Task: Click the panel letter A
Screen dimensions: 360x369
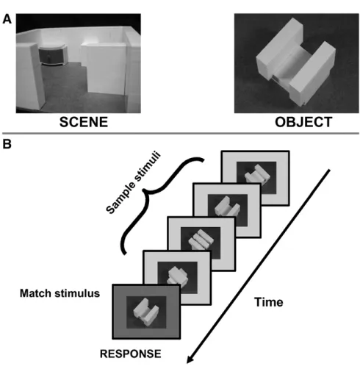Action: point(7,19)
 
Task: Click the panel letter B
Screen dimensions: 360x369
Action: point(7,144)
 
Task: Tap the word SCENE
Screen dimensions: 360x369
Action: point(84,122)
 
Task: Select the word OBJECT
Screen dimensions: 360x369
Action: point(303,122)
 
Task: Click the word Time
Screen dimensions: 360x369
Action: point(269,302)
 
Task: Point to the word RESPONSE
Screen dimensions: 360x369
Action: point(131,354)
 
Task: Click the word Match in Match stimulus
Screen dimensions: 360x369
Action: point(36,293)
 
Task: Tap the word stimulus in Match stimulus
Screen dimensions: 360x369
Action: point(77,293)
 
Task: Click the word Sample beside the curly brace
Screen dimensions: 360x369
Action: point(120,198)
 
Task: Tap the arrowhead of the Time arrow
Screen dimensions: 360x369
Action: point(190,359)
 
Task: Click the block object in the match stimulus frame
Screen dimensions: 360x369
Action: point(145,312)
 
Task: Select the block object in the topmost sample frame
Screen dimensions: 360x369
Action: point(257,174)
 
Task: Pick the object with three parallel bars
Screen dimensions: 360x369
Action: point(201,240)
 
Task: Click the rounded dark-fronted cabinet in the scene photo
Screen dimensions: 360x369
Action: point(54,55)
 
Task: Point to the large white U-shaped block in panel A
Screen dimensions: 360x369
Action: point(296,62)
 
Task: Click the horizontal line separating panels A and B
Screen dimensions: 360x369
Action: point(181,134)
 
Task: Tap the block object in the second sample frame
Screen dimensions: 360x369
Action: point(227,207)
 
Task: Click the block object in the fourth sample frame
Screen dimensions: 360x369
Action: point(177,276)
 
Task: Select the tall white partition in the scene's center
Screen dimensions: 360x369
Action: point(104,68)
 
